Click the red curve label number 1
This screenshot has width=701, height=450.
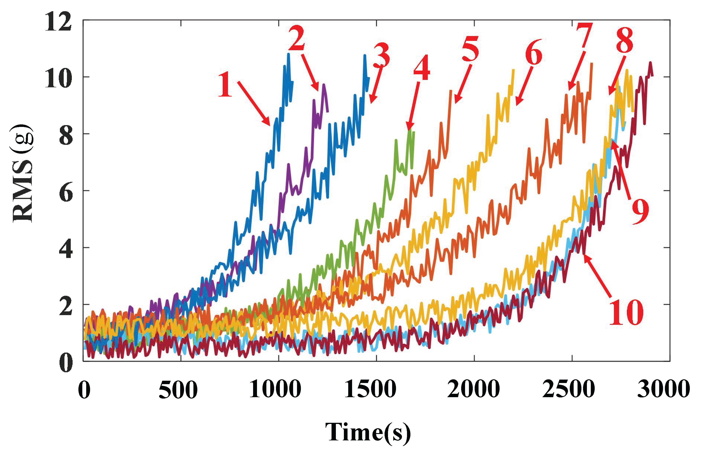225,85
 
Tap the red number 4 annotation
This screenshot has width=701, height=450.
422,67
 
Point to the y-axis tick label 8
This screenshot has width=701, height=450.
66,136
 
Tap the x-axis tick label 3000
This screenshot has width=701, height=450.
663,389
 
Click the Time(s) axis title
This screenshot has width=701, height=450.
368,432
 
